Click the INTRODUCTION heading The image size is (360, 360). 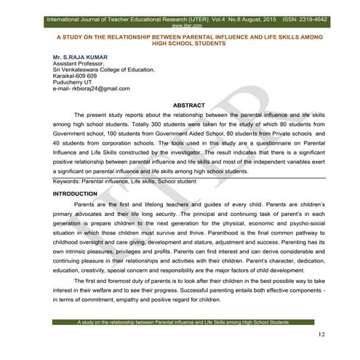point(76,194)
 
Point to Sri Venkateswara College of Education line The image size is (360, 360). point(104,69)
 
